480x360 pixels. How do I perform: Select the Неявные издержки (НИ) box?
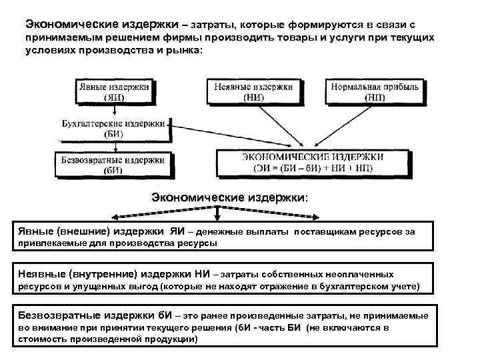click(254, 91)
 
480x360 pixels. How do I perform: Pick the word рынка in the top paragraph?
click(181, 52)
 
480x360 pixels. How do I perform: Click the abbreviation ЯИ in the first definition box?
click(176, 231)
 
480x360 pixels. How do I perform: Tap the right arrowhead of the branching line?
click(323, 217)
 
